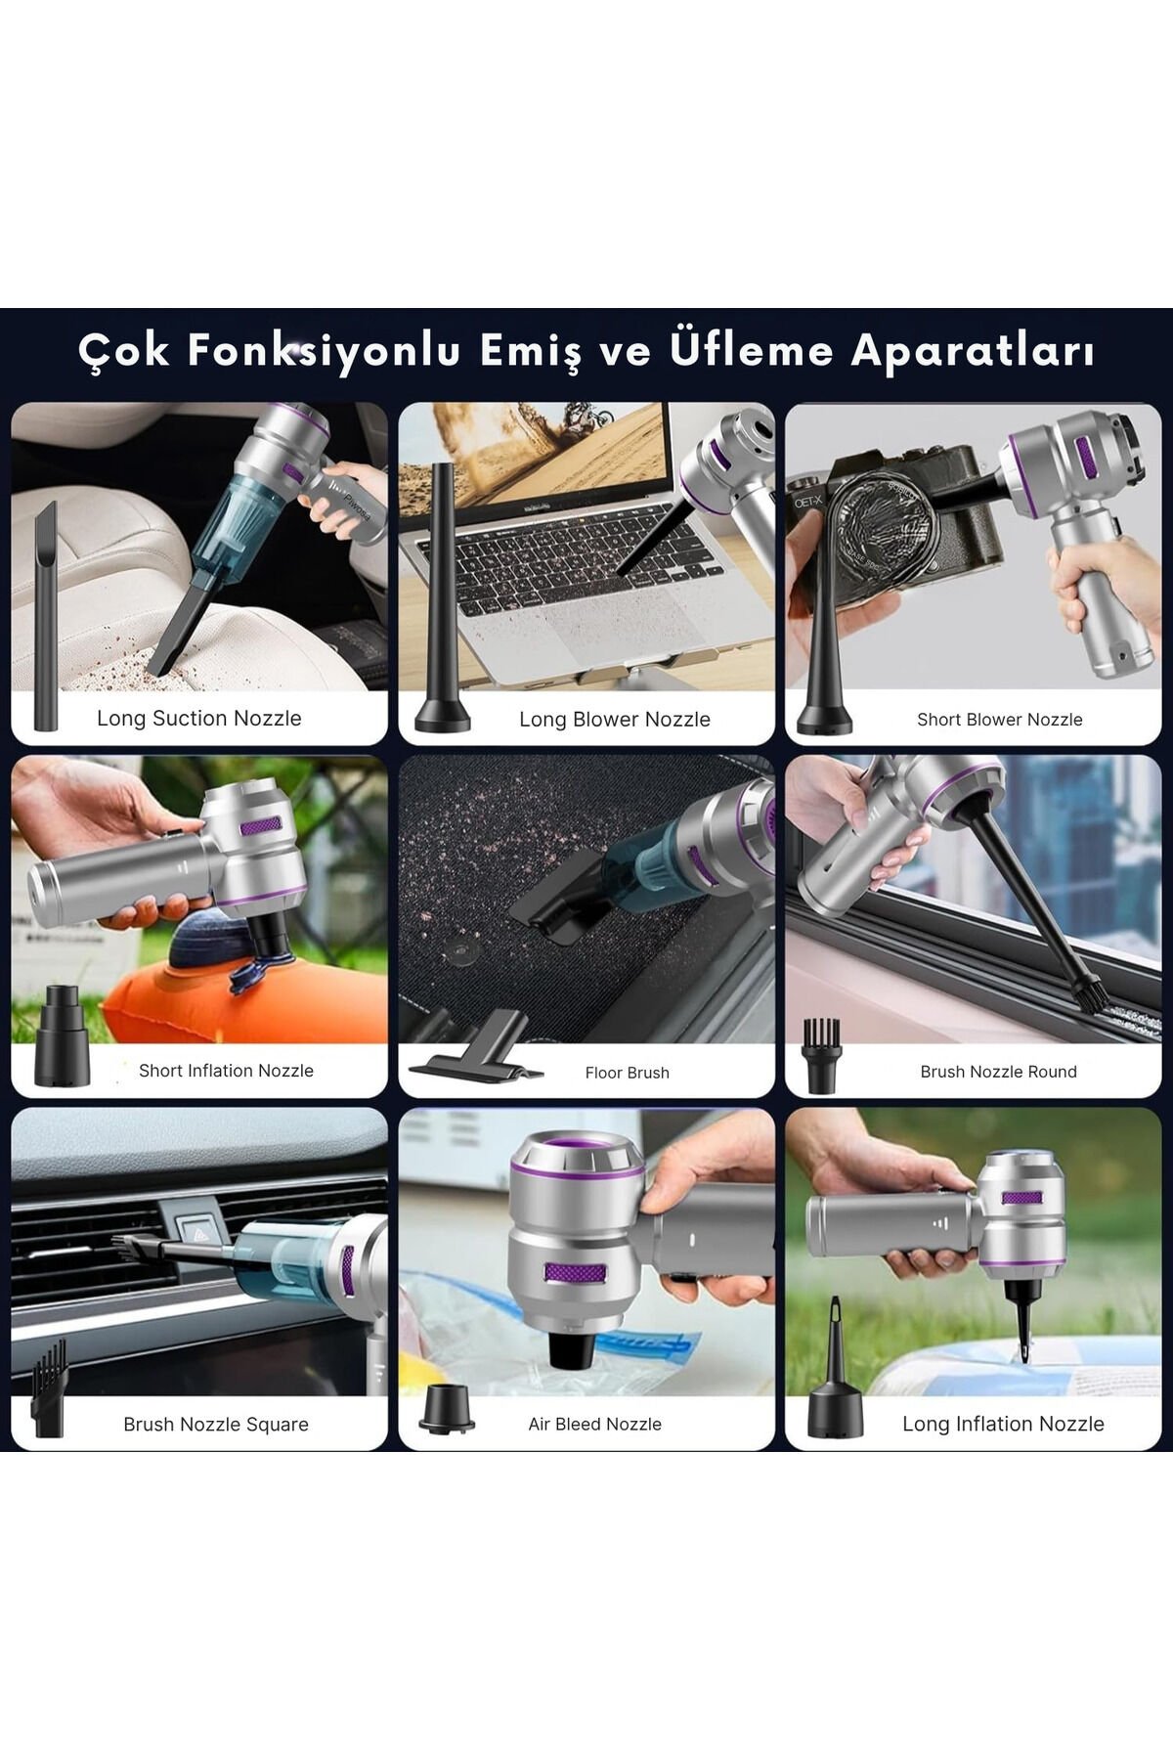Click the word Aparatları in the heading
973,351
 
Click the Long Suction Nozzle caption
199,718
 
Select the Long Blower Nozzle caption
615,719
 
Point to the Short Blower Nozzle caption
1000,720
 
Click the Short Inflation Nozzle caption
226,1071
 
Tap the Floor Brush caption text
628,1073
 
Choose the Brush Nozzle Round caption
998,1072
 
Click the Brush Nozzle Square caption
216,1425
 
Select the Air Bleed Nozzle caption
595,1425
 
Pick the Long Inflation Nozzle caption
1003,1424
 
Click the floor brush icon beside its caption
477,1056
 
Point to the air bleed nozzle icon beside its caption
447,1409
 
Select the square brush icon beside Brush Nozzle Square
50,1389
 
